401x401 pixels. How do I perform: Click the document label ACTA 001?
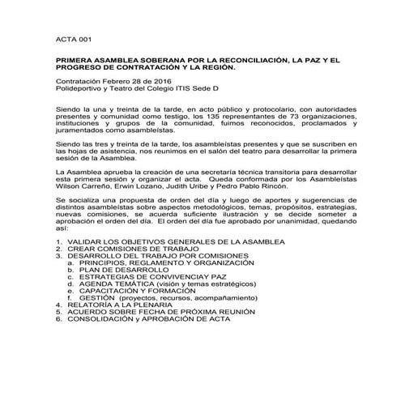click(x=70, y=38)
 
